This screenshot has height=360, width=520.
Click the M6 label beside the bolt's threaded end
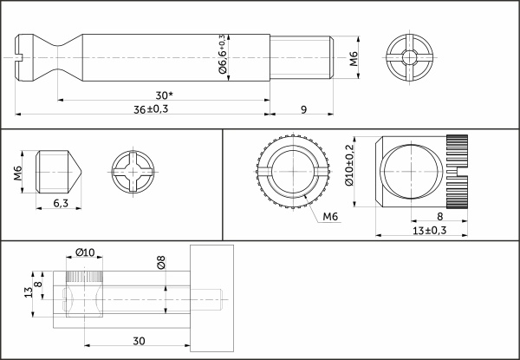coord(353,59)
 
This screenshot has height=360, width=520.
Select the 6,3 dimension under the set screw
coord(61,203)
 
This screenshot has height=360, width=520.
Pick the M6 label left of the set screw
coord(19,173)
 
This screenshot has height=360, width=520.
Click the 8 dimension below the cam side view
coord(440,217)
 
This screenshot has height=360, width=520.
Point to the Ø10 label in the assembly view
coord(85,252)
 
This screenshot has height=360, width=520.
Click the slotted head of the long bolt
coord(30,58)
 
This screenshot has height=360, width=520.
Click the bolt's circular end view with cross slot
coord(406,58)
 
